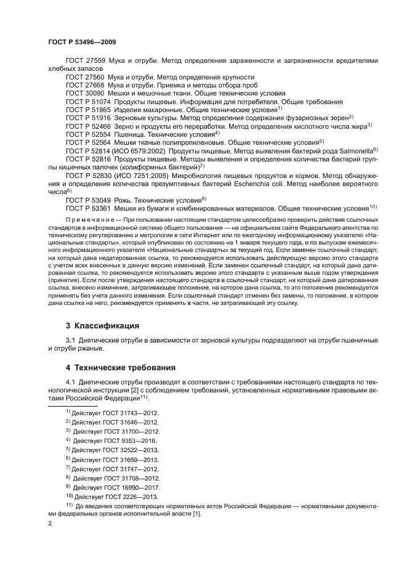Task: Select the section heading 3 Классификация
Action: [x=102, y=325]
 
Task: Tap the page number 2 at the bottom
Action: [x=50, y=524]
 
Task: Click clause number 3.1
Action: [x=71, y=339]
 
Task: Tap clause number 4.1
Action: [x=71, y=382]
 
